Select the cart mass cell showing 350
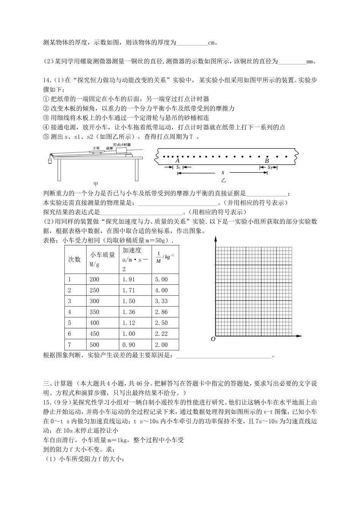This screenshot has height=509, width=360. point(94,312)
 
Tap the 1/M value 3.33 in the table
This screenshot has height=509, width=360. point(161,301)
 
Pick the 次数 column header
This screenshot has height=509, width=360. point(75,259)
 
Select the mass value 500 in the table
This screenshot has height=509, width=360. point(94,345)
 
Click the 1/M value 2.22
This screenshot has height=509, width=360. point(161,334)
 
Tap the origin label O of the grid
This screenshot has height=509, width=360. point(213,339)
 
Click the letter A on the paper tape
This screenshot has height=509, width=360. point(178,161)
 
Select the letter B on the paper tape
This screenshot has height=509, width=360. point(267,161)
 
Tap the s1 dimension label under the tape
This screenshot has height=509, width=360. point(178,167)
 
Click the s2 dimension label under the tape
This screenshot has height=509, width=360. point(270,167)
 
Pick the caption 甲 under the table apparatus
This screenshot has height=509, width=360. point(95,183)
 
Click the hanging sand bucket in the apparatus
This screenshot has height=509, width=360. point(49,161)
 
